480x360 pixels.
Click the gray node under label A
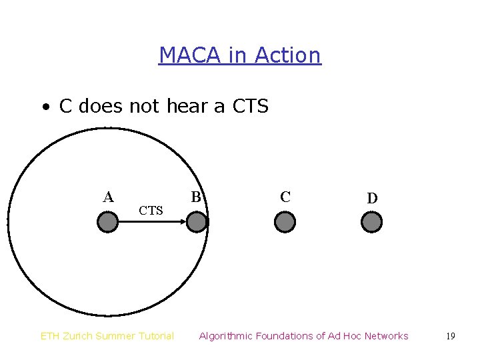coord(107,222)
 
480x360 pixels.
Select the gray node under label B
coord(197,222)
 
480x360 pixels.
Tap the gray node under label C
coord(285,222)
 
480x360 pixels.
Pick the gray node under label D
coord(371,222)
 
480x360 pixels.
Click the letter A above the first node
coord(108,197)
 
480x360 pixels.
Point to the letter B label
coord(196,197)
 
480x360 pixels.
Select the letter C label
coord(285,197)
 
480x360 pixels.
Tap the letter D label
coord(372,198)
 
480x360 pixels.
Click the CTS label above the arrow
coord(151,211)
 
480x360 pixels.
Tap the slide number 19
coord(451,336)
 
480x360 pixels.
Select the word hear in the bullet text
coord(189,106)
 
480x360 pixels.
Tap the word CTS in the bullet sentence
coord(250,106)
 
